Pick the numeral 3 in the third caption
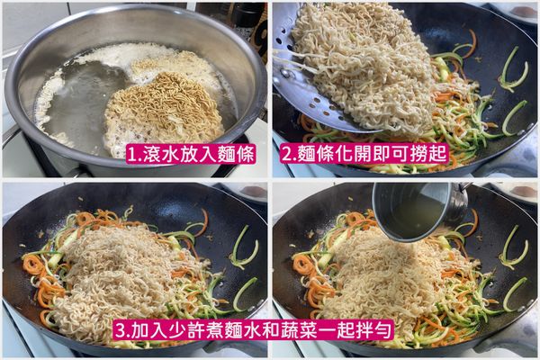[117, 329]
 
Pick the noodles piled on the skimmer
[369, 63]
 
